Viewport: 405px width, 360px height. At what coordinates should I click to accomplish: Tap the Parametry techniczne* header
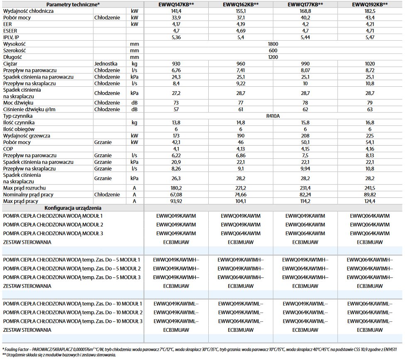click(x=73, y=4)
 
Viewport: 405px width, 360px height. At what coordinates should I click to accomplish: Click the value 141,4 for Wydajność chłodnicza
click(x=176, y=11)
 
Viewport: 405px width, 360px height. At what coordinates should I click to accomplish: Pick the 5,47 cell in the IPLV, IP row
click(x=370, y=37)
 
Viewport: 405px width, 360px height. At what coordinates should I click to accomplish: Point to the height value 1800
click(x=273, y=44)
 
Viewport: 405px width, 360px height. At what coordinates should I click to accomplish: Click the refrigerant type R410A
click(x=273, y=116)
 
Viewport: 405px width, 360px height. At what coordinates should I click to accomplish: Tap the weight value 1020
click(x=370, y=64)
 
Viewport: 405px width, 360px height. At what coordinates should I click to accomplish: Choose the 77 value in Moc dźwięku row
click(x=241, y=102)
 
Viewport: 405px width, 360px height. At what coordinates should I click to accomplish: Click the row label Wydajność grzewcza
click(x=26, y=136)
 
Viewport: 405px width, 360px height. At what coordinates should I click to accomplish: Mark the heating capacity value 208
click(x=305, y=136)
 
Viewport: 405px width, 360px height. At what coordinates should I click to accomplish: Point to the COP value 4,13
click(x=241, y=148)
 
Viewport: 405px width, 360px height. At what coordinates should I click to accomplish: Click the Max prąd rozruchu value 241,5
click(x=370, y=188)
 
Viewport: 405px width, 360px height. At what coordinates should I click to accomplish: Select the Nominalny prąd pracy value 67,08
click(x=176, y=195)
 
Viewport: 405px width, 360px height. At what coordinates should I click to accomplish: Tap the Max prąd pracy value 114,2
click(x=305, y=201)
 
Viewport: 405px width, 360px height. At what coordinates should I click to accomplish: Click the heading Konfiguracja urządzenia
click(x=73, y=208)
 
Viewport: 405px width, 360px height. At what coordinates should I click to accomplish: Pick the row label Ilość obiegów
click(x=19, y=129)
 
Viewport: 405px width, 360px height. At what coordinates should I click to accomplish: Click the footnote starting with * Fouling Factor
click(x=199, y=349)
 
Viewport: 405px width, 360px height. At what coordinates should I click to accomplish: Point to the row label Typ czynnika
click(x=18, y=116)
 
